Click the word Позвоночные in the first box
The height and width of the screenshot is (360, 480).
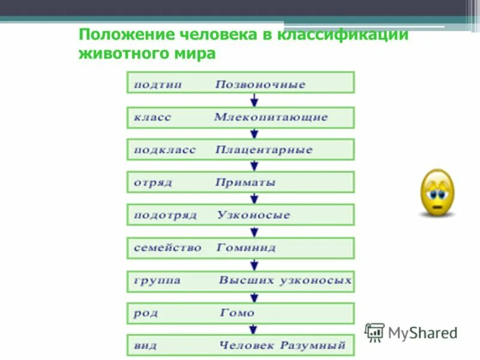[x=260, y=85]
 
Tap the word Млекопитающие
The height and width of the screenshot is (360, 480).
[x=271, y=118]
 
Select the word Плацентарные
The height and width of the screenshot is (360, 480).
[x=263, y=150]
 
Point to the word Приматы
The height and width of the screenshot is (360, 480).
[x=245, y=182]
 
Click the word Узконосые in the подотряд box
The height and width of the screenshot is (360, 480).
[x=254, y=215]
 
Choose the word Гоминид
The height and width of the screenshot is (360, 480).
[x=246, y=247]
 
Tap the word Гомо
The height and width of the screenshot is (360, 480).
[x=237, y=313]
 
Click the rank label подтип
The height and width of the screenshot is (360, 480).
[x=158, y=85]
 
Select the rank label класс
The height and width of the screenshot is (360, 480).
[x=152, y=118]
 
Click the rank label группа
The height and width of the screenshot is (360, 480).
[x=157, y=280]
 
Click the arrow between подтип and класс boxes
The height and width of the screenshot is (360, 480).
[x=254, y=100]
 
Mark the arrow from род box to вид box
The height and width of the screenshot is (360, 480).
[x=254, y=329]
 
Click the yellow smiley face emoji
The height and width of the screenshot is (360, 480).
[x=437, y=193]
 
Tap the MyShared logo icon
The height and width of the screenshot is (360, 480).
[x=375, y=332]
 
